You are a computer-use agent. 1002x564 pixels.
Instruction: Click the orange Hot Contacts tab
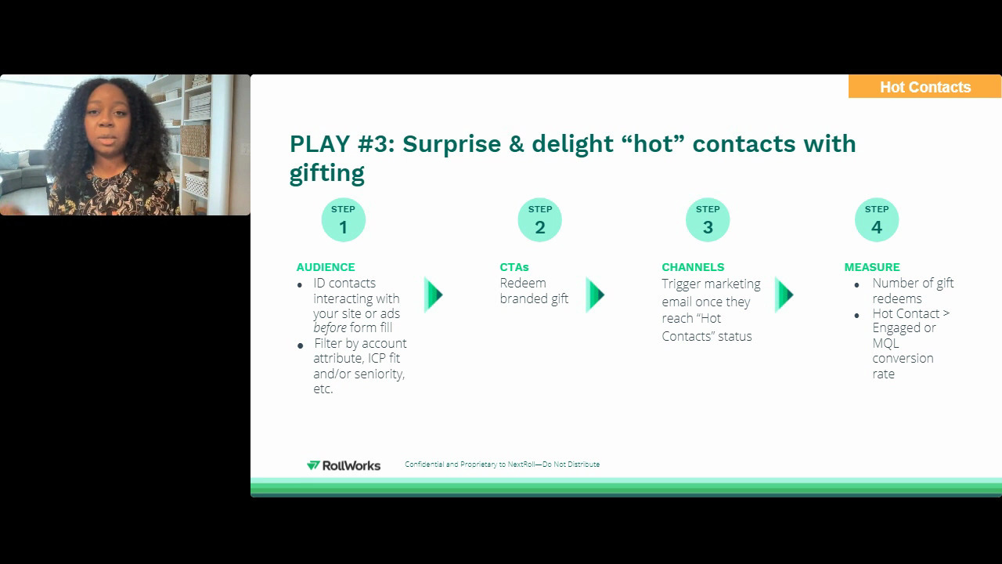pos(925,87)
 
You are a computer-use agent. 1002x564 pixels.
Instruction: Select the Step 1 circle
pos(343,220)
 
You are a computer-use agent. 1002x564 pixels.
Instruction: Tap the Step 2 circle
pos(539,220)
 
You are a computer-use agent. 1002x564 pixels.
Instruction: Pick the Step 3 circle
pos(708,220)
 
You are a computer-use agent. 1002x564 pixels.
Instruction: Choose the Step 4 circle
pos(876,220)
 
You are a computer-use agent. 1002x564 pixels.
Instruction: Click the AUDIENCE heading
pos(326,267)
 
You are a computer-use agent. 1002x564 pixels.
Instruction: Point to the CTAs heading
pos(514,267)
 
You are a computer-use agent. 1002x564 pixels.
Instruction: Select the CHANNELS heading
pos(693,267)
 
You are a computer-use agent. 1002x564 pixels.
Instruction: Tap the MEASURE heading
pos(872,267)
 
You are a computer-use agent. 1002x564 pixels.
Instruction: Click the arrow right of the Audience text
pos(434,295)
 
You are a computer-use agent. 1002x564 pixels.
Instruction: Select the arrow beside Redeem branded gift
pos(595,295)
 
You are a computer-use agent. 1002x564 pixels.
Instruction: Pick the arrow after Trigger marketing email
pos(784,295)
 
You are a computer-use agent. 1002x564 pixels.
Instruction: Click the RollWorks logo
pos(344,465)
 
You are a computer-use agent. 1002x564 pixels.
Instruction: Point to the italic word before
pos(330,328)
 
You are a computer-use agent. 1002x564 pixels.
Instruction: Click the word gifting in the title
pos(327,173)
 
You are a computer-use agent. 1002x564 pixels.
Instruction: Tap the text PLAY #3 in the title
pos(341,144)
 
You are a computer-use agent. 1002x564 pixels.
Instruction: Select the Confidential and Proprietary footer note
pos(502,465)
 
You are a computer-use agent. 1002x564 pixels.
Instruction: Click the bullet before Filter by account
pos(301,345)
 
